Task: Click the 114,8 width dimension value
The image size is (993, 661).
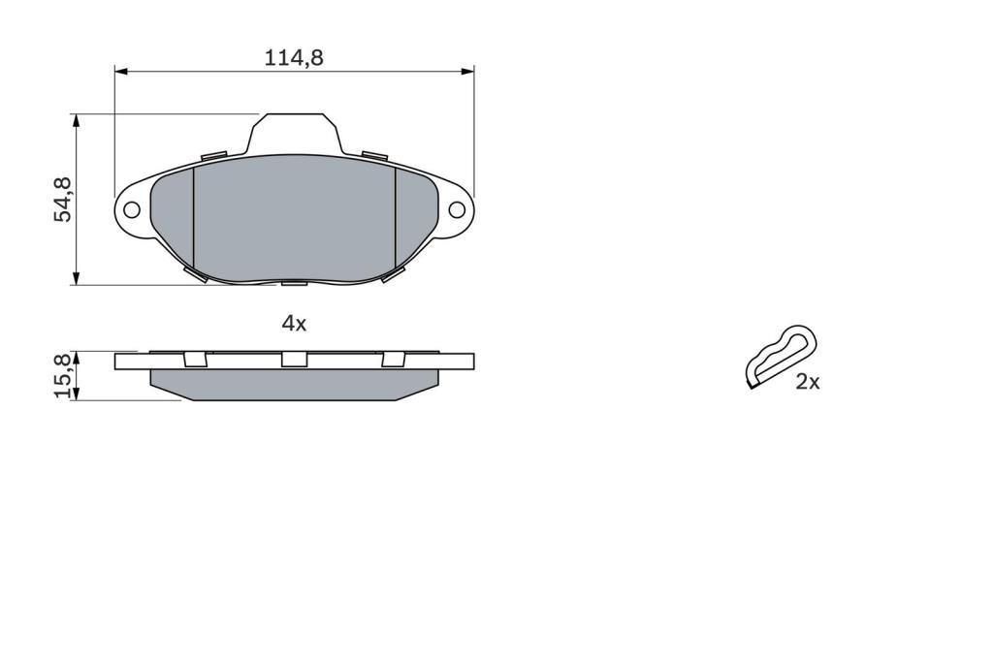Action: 293,57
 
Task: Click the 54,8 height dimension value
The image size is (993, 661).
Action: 63,200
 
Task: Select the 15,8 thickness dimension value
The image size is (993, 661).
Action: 63,375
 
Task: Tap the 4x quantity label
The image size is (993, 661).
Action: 294,324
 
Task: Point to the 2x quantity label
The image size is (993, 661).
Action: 808,382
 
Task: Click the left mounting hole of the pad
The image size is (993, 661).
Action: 132,209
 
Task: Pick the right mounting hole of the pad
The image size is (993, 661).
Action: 457,209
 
